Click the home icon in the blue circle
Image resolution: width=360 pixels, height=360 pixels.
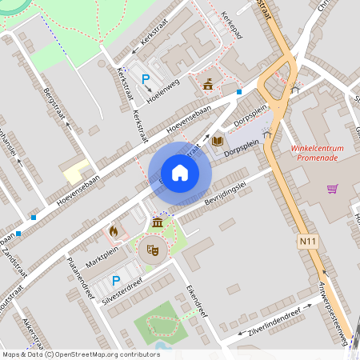pyautogui.click(x=180, y=172)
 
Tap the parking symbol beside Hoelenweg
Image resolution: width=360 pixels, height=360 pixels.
pyautogui.click(x=146, y=79)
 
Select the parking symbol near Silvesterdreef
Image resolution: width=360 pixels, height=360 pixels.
pyautogui.click(x=116, y=281)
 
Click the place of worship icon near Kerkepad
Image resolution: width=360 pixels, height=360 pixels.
pyautogui.click(x=209, y=83)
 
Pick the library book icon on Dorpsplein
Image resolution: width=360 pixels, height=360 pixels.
pyautogui.click(x=218, y=141)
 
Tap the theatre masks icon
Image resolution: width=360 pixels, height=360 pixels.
pyautogui.click(x=154, y=250)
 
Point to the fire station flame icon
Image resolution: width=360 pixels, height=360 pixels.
pyautogui.click(x=114, y=231)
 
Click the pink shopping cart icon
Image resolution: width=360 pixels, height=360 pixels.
pyautogui.click(x=332, y=189)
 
